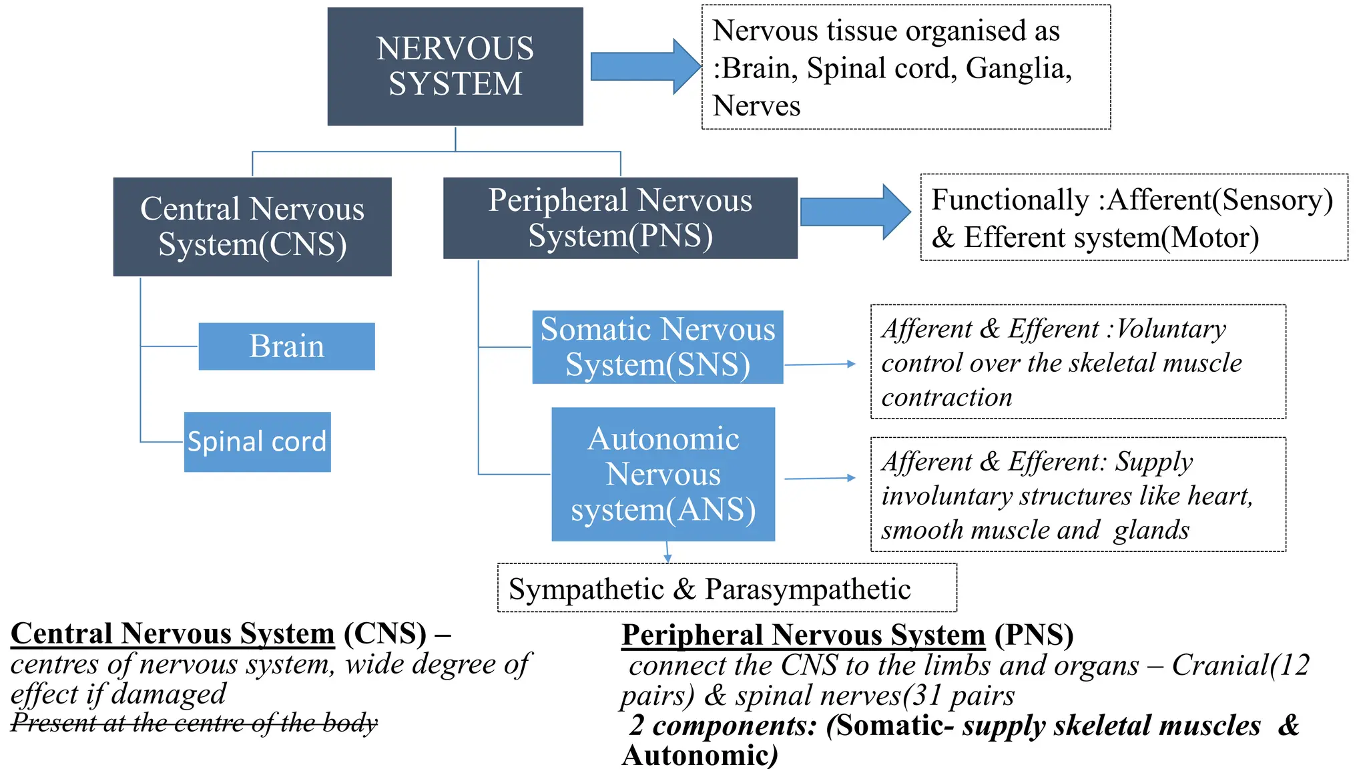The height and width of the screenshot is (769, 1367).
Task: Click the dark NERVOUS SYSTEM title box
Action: pyautogui.click(x=455, y=66)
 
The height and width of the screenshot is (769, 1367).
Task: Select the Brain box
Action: pyautogui.click(x=286, y=346)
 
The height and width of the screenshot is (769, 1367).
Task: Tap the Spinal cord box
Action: pyautogui.click(x=257, y=442)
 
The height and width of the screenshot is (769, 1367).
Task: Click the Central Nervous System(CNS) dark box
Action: pyautogui.click(x=252, y=226)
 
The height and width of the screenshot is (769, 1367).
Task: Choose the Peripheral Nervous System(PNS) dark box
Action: pyautogui.click(x=620, y=218)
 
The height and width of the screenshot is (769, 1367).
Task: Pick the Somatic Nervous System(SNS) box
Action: pyautogui.click(x=657, y=347)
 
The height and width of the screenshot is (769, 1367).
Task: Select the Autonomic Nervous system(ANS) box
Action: pyautogui.click(x=663, y=474)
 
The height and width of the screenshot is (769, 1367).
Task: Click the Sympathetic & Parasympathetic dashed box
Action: pyautogui.click(x=727, y=588)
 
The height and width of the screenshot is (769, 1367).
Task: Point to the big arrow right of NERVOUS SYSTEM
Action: pyautogui.click(x=644, y=67)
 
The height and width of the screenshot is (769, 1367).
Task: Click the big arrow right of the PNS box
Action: pyautogui.click(x=855, y=212)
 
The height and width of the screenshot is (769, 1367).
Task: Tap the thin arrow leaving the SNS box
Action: pyautogui.click(x=820, y=364)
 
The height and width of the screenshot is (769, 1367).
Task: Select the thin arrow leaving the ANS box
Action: pyautogui.click(x=820, y=479)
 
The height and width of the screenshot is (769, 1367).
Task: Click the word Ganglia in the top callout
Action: pyautogui.click(x=1017, y=69)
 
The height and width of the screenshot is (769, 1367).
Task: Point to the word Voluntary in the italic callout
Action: pyautogui.click(x=1171, y=329)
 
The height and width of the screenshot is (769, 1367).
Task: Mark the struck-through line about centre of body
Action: pyautogui.click(x=194, y=722)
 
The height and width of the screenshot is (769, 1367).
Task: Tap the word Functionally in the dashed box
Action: pyautogui.click(x=1009, y=200)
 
